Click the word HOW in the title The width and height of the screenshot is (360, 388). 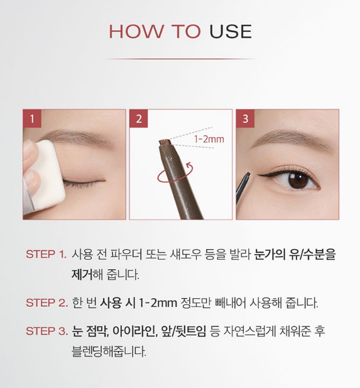point(136,31)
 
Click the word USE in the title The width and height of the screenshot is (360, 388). point(231,31)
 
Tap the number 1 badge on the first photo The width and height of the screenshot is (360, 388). point(32,118)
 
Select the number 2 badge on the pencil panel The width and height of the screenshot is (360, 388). point(139,118)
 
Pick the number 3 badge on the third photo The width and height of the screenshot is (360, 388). point(245,118)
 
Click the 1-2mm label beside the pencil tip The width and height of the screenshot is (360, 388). point(209,139)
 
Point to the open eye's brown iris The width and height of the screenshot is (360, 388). point(298,180)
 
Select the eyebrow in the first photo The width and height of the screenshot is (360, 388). point(74,137)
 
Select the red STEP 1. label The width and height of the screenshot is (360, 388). point(46,255)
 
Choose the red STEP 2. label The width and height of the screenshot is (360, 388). point(46,302)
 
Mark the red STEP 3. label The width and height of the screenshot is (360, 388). point(46,331)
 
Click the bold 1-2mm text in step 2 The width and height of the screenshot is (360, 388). point(158,302)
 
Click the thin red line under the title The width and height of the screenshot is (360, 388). point(181,59)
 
